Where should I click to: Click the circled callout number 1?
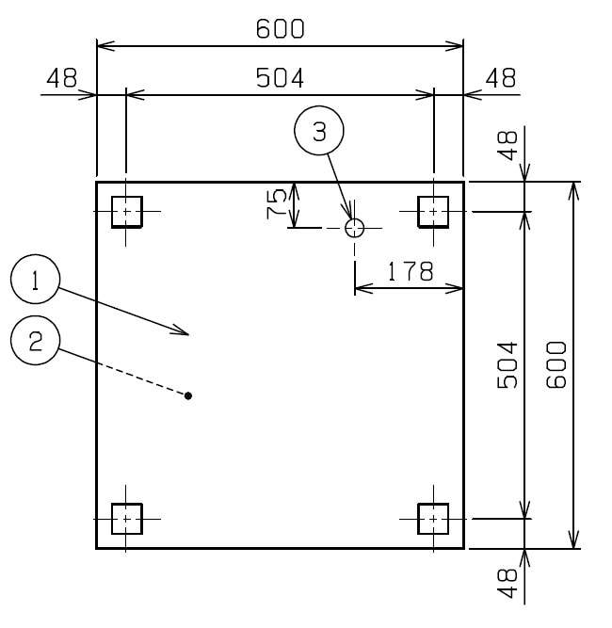coord(35,279)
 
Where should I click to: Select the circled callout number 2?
coord(35,341)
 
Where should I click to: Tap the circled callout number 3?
coord(319,131)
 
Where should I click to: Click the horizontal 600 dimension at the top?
coord(280,29)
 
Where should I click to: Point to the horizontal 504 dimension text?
coord(280,78)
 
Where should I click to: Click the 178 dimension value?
coord(411,271)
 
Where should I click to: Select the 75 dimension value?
coord(277,203)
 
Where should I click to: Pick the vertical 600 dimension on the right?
coord(556,364)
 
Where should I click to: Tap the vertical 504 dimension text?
coord(507,365)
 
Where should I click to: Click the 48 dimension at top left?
coord(62,78)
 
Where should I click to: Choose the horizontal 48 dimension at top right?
coord(501,78)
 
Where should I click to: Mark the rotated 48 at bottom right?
coord(507,583)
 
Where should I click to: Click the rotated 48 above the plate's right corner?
coord(507,146)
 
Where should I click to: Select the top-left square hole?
coord(127,212)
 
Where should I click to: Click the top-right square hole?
coord(433,212)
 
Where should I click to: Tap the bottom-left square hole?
coord(127,519)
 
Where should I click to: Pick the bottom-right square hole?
coord(433,519)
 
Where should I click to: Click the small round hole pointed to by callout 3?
coord(354,228)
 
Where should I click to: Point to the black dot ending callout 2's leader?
coord(188,395)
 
